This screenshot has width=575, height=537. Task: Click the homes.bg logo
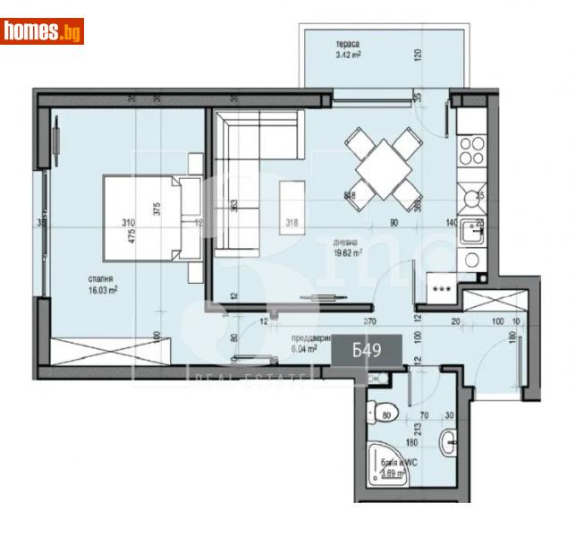[42, 32]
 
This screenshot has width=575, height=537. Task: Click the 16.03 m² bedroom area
[80, 289]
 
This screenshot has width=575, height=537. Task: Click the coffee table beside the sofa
[292, 207]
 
